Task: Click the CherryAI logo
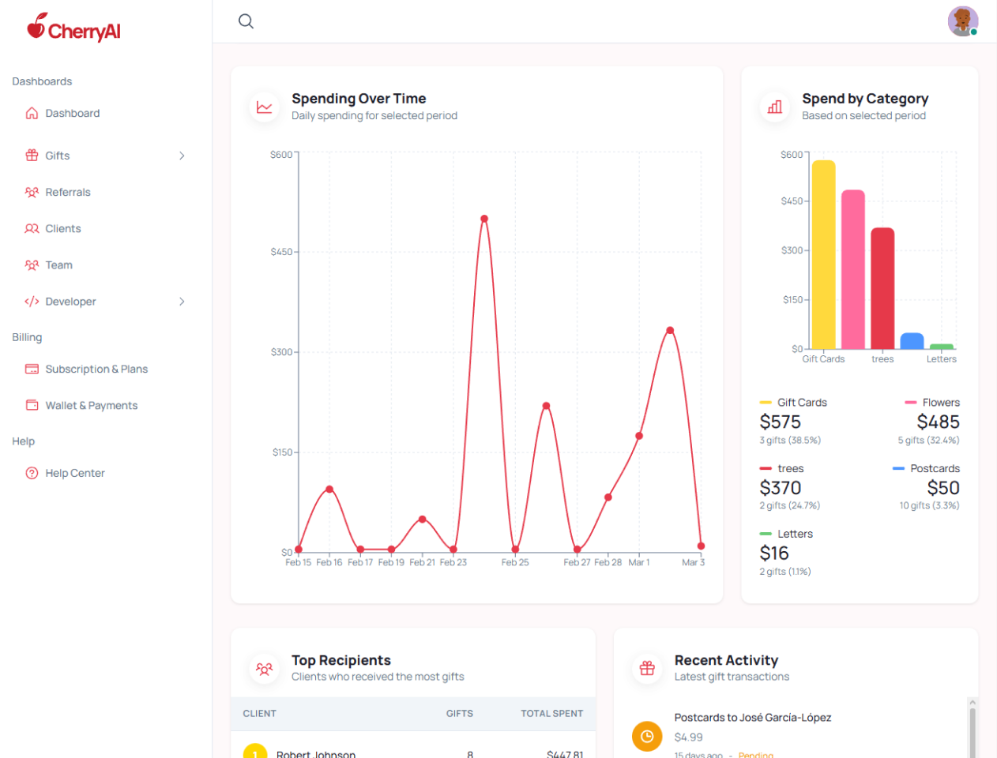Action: (73, 28)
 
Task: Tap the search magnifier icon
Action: (246, 21)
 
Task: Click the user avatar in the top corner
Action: (962, 21)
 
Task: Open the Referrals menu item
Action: (67, 192)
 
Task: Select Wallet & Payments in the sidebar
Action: (91, 405)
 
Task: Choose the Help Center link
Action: (74, 473)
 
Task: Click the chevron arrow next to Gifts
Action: (182, 156)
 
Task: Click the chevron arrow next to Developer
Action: (182, 302)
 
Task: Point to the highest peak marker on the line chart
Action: (484, 219)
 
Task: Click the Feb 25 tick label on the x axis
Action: (515, 562)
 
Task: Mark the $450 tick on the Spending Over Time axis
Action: (281, 252)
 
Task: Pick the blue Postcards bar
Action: (912, 341)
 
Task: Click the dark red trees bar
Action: (882, 288)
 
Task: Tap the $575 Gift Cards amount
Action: (780, 422)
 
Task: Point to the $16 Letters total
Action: (774, 553)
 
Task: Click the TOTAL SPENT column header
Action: (551, 713)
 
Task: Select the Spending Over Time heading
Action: (359, 99)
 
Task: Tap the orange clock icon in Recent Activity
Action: (647, 737)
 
